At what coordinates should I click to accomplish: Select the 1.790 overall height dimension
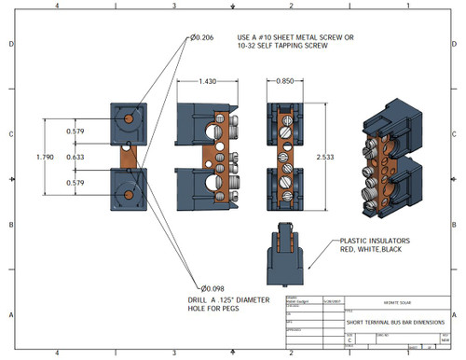pyautogui.click(x=59, y=157)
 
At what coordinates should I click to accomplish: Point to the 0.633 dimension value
pyautogui.click(x=75, y=157)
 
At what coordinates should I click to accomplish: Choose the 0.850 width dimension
pyautogui.click(x=288, y=83)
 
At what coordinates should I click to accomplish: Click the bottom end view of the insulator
pyautogui.click(x=288, y=255)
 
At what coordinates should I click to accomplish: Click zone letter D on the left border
pyautogui.click(x=10, y=45)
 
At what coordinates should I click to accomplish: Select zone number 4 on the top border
pyautogui.click(x=59, y=6)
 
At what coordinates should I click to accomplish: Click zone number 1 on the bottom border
pyautogui.click(x=408, y=353)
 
